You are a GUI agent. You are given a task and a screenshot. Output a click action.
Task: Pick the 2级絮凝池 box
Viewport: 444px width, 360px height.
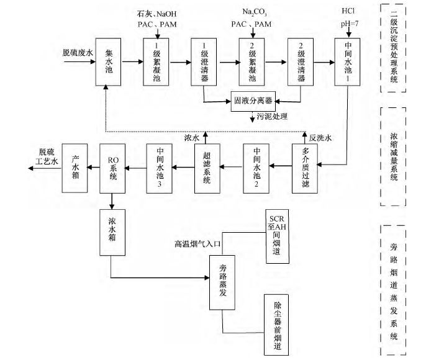251,62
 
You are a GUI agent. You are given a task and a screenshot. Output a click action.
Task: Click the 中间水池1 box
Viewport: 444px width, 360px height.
347,62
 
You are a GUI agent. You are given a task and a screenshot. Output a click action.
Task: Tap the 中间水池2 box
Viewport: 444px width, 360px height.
256,168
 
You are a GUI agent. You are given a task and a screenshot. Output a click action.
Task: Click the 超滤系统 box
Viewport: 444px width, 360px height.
207,168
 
